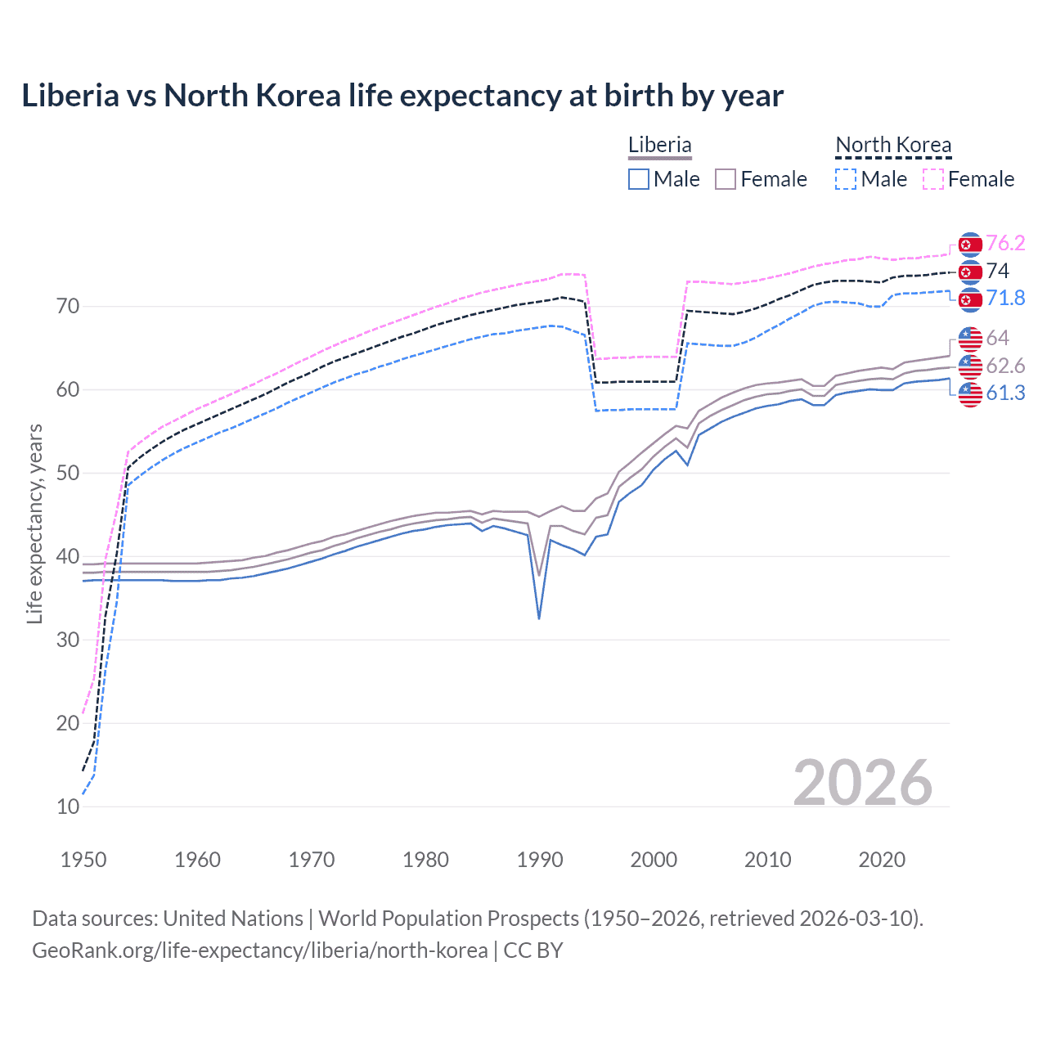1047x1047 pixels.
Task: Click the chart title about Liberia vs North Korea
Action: (402, 96)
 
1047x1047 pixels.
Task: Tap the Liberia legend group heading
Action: (659, 145)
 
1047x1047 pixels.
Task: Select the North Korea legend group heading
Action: (893, 145)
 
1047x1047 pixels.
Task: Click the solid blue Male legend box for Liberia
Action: (639, 179)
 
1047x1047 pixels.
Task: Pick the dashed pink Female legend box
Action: (933, 179)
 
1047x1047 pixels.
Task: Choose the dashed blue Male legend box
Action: (846, 179)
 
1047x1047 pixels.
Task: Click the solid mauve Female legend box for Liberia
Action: (726, 179)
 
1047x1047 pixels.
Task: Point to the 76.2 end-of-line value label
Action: (1005, 244)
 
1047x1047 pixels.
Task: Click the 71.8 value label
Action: (1005, 299)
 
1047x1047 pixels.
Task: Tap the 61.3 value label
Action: (1005, 393)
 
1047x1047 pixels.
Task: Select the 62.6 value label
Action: (1005, 366)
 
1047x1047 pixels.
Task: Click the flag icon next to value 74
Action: (970, 272)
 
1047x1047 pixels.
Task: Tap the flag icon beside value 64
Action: (970, 338)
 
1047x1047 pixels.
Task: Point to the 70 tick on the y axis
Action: (68, 307)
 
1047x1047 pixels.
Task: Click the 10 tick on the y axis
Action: (68, 807)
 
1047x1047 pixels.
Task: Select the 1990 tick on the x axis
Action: (540, 860)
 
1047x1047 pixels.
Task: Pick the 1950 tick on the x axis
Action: (83, 860)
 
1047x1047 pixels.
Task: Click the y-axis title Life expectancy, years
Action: (35, 523)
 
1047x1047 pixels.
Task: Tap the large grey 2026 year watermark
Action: (862, 783)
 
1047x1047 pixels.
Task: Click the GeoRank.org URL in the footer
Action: (259, 950)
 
